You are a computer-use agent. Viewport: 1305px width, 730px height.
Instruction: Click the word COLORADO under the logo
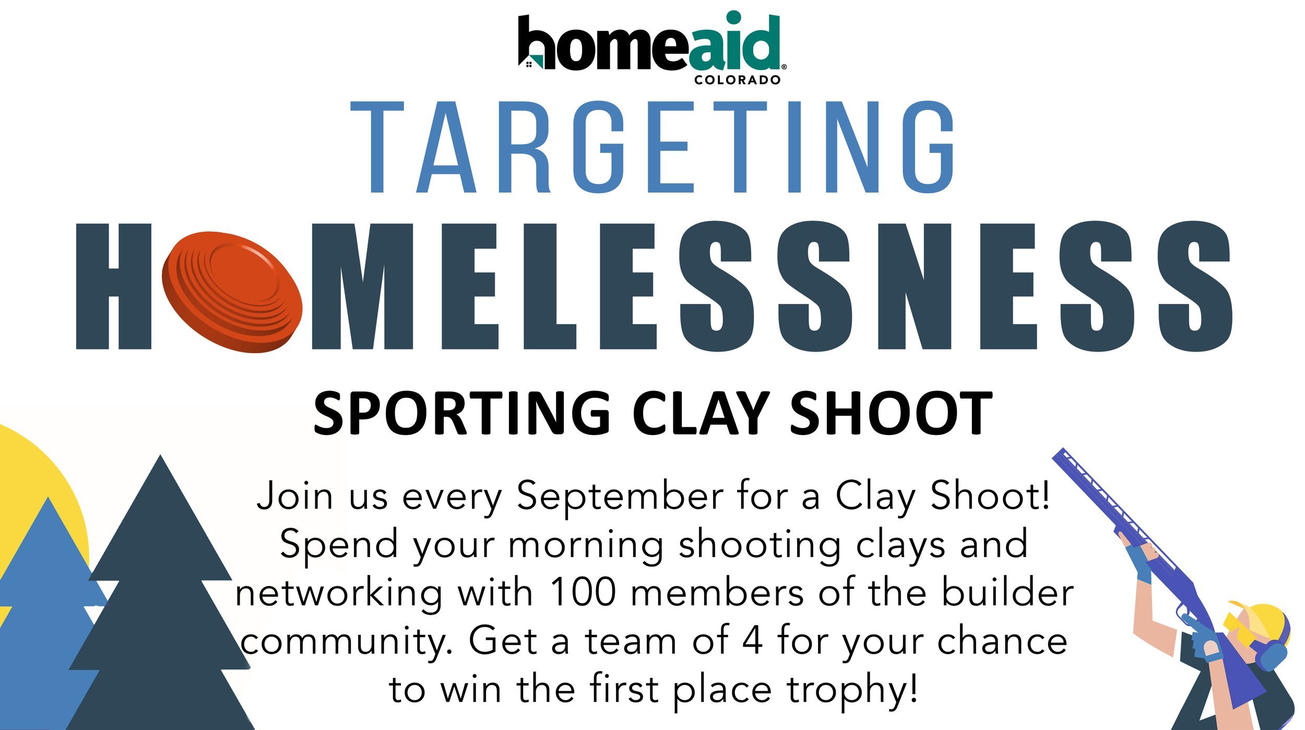point(737,80)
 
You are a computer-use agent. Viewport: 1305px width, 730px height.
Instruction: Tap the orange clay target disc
point(232,292)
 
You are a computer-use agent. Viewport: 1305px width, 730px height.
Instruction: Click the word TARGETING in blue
point(652,147)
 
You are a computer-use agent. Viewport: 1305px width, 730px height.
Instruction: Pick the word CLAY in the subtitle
point(700,414)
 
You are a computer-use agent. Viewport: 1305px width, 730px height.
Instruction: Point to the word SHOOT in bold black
point(891,414)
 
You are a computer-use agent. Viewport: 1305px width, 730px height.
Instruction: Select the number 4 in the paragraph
point(753,640)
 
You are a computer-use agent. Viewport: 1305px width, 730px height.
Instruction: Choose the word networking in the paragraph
point(339,594)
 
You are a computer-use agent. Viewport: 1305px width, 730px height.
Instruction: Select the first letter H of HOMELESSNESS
point(114,287)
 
